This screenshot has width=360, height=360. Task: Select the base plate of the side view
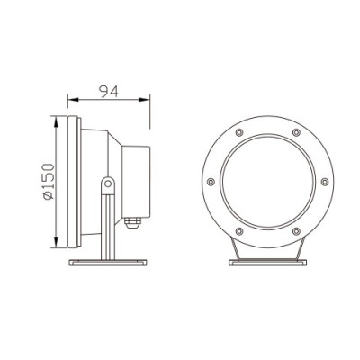[x=107, y=262]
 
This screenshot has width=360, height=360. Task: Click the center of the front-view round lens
[x=267, y=183]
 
